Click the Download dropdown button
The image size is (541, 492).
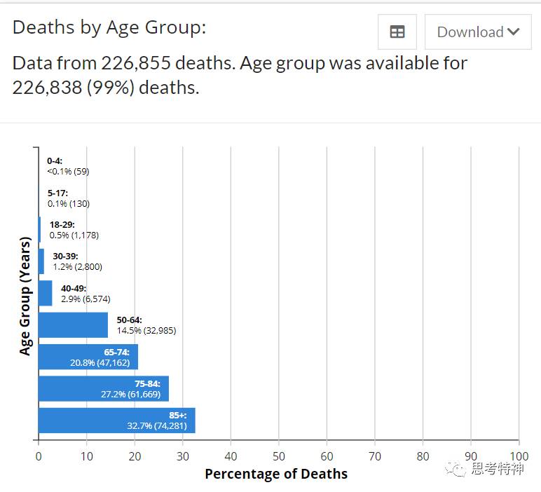pos(478,32)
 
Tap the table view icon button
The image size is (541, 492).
pos(397,32)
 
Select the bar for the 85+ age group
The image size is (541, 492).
pos(116,421)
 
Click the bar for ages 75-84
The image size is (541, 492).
pos(103,389)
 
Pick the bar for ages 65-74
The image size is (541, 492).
pos(88,357)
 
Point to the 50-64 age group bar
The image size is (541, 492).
pos(73,325)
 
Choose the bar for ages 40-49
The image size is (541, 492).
pos(45,293)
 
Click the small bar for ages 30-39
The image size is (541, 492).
pos(41,261)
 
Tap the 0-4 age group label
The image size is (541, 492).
pos(55,161)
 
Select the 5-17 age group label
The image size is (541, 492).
pos(57,193)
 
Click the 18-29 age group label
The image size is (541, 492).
pos(62,224)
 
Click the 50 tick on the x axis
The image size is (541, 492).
pos(279,456)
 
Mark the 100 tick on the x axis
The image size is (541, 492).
pos(519,456)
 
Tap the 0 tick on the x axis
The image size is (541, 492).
pos(39,456)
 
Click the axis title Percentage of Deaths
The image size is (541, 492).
pos(276,474)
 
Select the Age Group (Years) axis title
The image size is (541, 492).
pos(25,296)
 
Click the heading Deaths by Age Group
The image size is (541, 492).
pos(109,28)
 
